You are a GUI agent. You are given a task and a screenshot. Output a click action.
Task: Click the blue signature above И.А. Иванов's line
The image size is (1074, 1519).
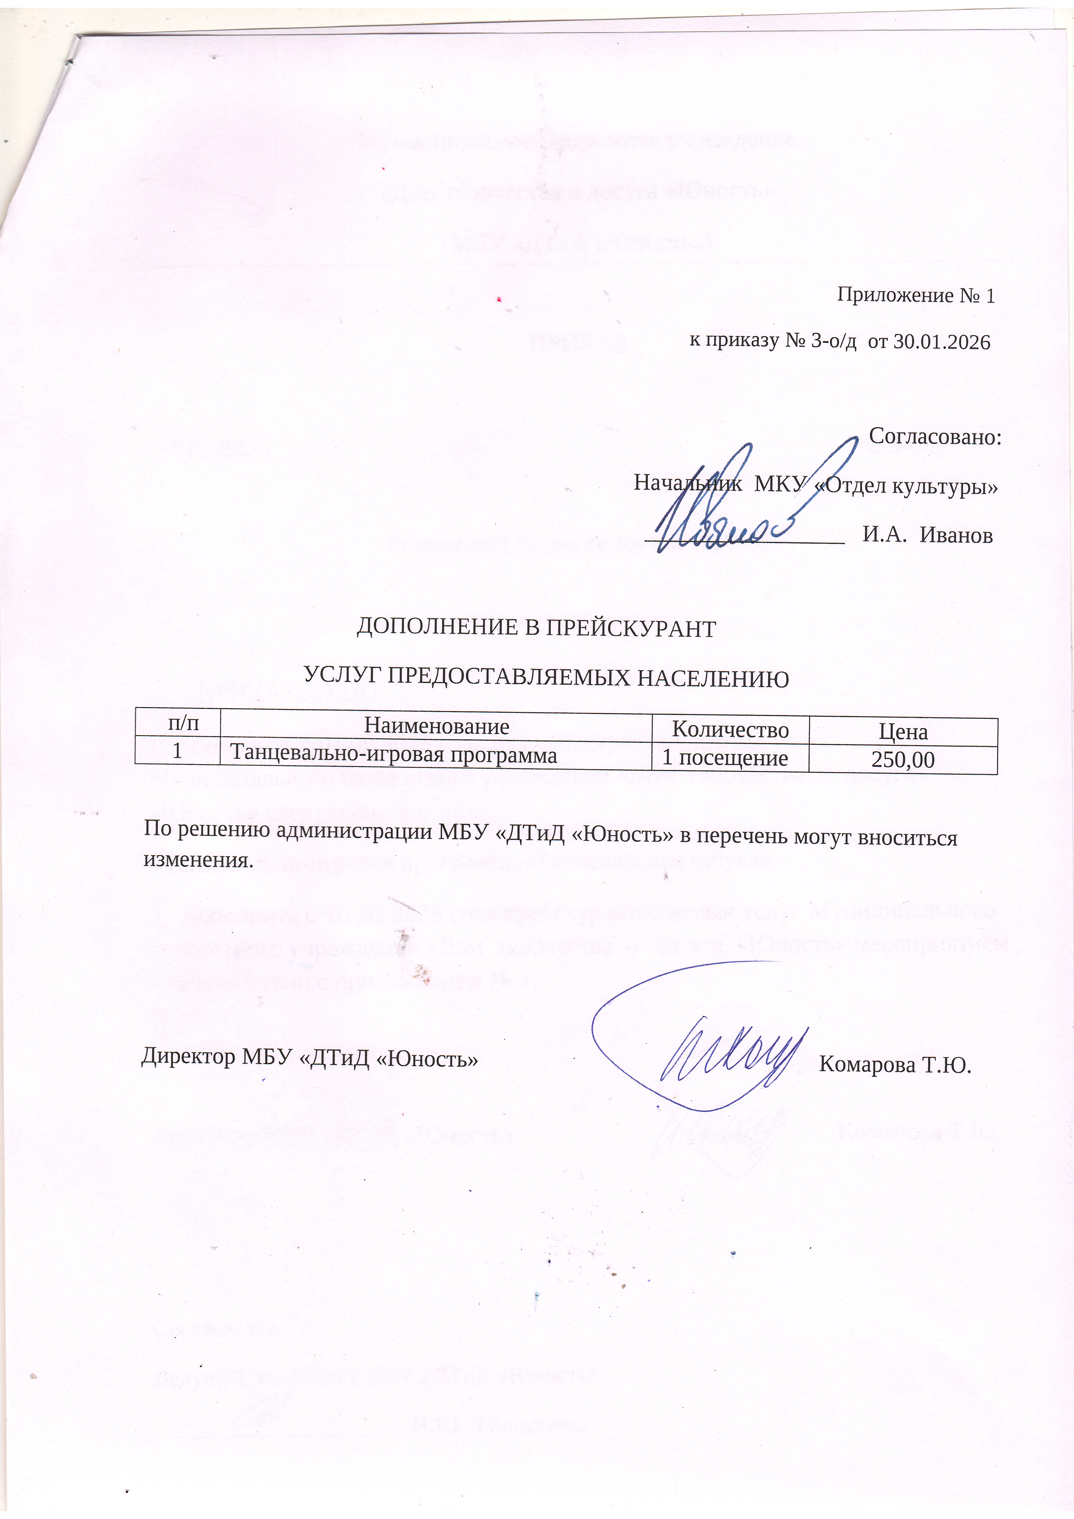coord(741,503)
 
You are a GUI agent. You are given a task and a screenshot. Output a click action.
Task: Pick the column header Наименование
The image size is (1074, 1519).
coord(437,727)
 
